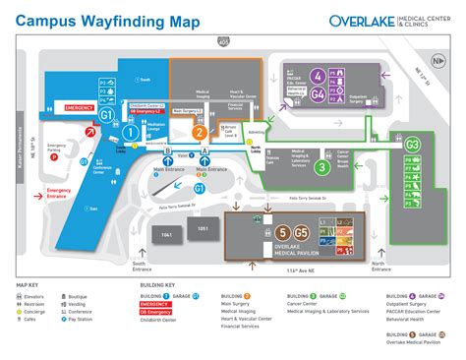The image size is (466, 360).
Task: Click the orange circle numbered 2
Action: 199,132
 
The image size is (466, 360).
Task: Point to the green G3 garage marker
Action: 412,146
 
